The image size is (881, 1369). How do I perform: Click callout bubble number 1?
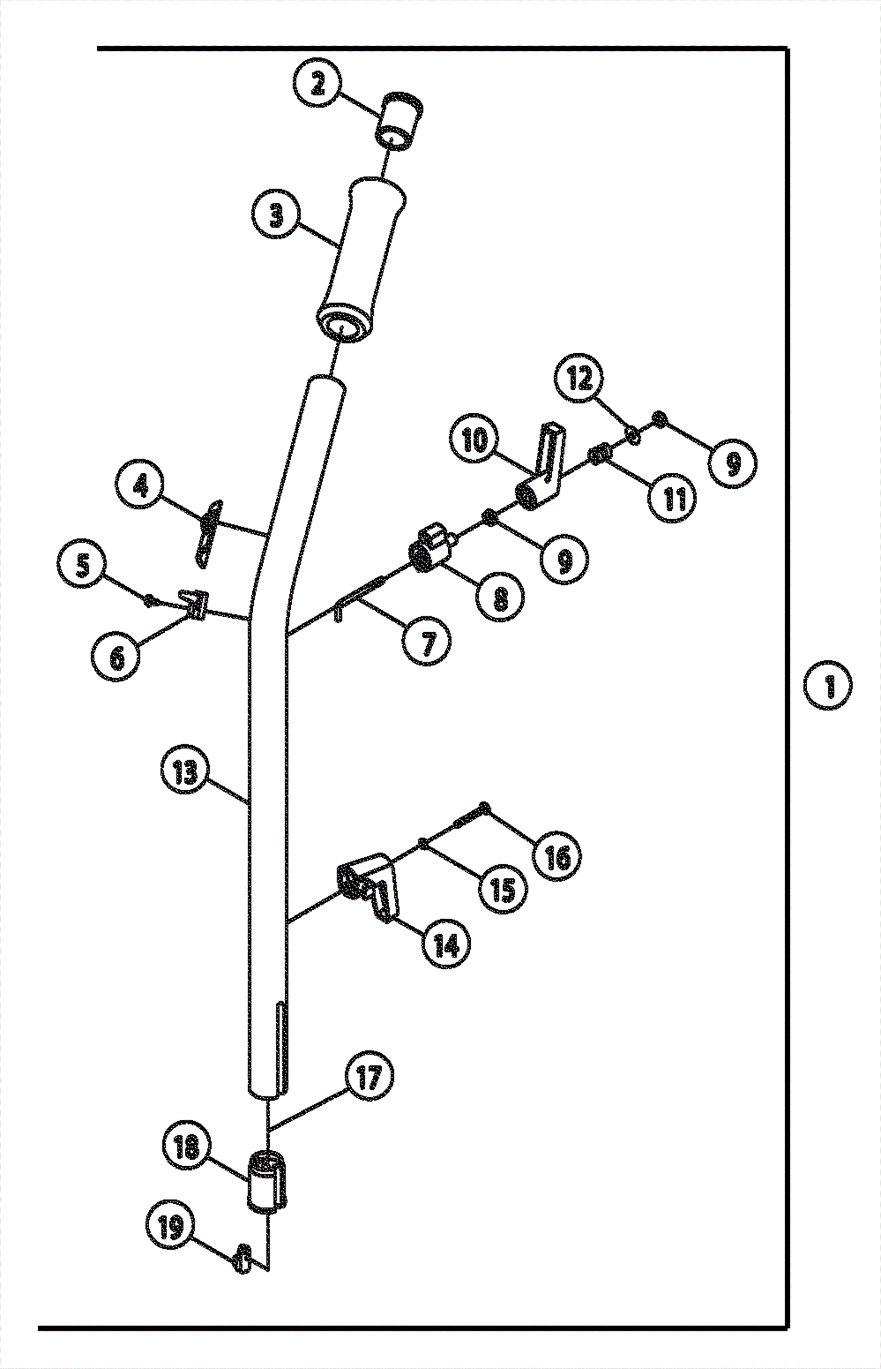(828, 686)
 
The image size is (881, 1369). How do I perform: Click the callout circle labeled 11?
(672, 499)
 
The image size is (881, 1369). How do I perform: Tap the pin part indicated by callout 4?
(209, 532)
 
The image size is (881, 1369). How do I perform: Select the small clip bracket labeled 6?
(194, 605)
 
